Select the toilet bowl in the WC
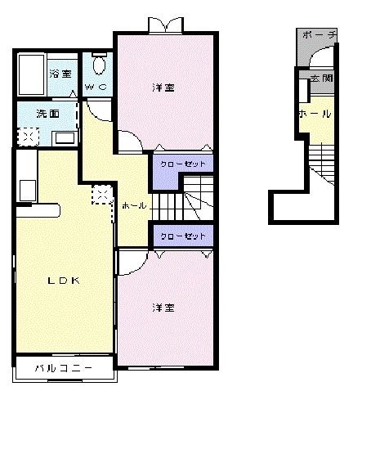(x=99, y=65)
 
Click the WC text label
(x=98, y=85)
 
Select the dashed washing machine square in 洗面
(x=26, y=137)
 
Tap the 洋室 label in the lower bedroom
(x=163, y=308)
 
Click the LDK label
(x=63, y=281)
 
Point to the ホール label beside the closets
(x=133, y=205)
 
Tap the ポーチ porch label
(x=319, y=35)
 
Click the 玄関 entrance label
(x=320, y=78)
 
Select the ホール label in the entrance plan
(x=314, y=114)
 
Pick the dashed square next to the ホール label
(x=103, y=195)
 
